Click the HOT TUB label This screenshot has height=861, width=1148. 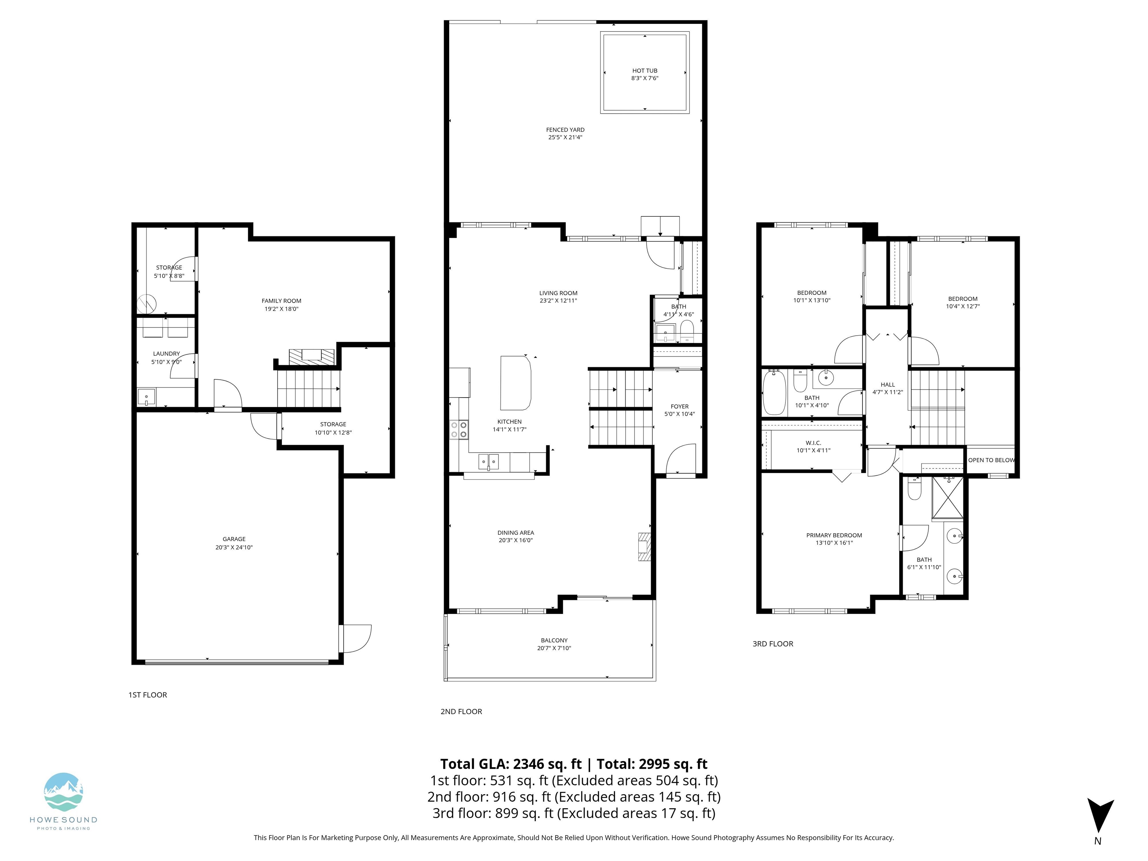click(645, 71)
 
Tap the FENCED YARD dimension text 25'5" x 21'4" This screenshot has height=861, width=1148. click(565, 138)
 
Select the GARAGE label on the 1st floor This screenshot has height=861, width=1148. click(234, 539)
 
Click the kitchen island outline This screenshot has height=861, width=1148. click(515, 383)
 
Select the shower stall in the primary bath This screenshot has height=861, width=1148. click(948, 497)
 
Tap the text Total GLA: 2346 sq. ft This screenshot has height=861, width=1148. click(511, 764)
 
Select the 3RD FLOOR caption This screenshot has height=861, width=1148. click(773, 644)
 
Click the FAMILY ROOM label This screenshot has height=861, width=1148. click(281, 300)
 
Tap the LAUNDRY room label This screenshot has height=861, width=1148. click(166, 354)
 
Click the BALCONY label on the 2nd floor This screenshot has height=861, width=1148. click(554, 640)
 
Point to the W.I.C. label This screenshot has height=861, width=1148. click(813, 443)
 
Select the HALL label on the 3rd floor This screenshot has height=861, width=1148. click(888, 385)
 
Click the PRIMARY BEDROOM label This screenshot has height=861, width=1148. click(834, 535)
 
